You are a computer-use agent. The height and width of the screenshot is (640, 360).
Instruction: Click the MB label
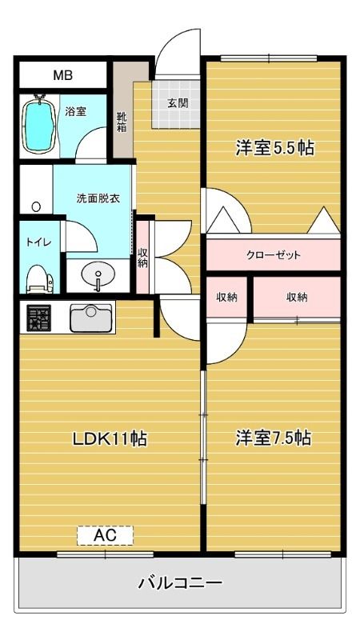coord(62,76)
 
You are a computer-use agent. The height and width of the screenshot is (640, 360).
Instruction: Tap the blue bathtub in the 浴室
coord(38,122)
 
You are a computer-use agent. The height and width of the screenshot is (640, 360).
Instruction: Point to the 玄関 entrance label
coord(178,103)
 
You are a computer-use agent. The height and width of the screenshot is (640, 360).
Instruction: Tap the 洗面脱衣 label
coord(98,198)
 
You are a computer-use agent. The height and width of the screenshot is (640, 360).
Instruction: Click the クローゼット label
coord(274,255)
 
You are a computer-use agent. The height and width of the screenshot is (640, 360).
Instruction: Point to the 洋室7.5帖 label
coord(274,438)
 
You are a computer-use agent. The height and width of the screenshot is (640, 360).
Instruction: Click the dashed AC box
coord(105,535)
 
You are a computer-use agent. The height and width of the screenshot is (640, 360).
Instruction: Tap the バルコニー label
coord(179,582)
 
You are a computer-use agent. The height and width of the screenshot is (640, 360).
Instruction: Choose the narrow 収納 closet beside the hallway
coord(142,258)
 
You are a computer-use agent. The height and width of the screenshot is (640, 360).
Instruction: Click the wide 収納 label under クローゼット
coord(298,297)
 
